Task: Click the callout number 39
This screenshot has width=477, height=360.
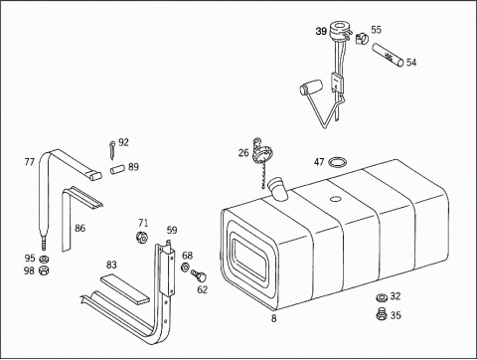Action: [x=321, y=32]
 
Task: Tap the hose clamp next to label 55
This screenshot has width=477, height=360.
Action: [x=362, y=39]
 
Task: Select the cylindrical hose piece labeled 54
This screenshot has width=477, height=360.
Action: [x=388, y=55]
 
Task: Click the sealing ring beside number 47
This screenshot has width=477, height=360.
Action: [x=338, y=162]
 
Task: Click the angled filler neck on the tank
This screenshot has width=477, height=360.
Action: [x=279, y=189]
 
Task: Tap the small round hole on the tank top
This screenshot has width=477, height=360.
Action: [x=336, y=199]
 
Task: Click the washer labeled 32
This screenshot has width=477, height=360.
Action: [x=382, y=297]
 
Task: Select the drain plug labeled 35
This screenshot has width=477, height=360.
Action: [x=382, y=314]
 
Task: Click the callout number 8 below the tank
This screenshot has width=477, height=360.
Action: [x=273, y=318]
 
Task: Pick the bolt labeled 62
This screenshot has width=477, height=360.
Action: [x=199, y=275]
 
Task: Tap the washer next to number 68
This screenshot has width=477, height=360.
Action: [x=185, y=267]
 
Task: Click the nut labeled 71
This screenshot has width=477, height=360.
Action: [x=142, y=238]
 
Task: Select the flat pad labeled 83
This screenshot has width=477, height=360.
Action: [x=125, y=288]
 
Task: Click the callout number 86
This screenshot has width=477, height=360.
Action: [x=79, y=228]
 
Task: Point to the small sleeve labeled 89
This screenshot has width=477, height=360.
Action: [x=116, y=169]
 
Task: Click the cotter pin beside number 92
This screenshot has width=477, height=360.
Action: [x=112, y=149]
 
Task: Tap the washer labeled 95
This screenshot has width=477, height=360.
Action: [x=44, y=259]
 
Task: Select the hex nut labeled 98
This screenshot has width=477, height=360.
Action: [x=44, y=270]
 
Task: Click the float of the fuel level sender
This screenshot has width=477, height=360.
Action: [x=311, y=87]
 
